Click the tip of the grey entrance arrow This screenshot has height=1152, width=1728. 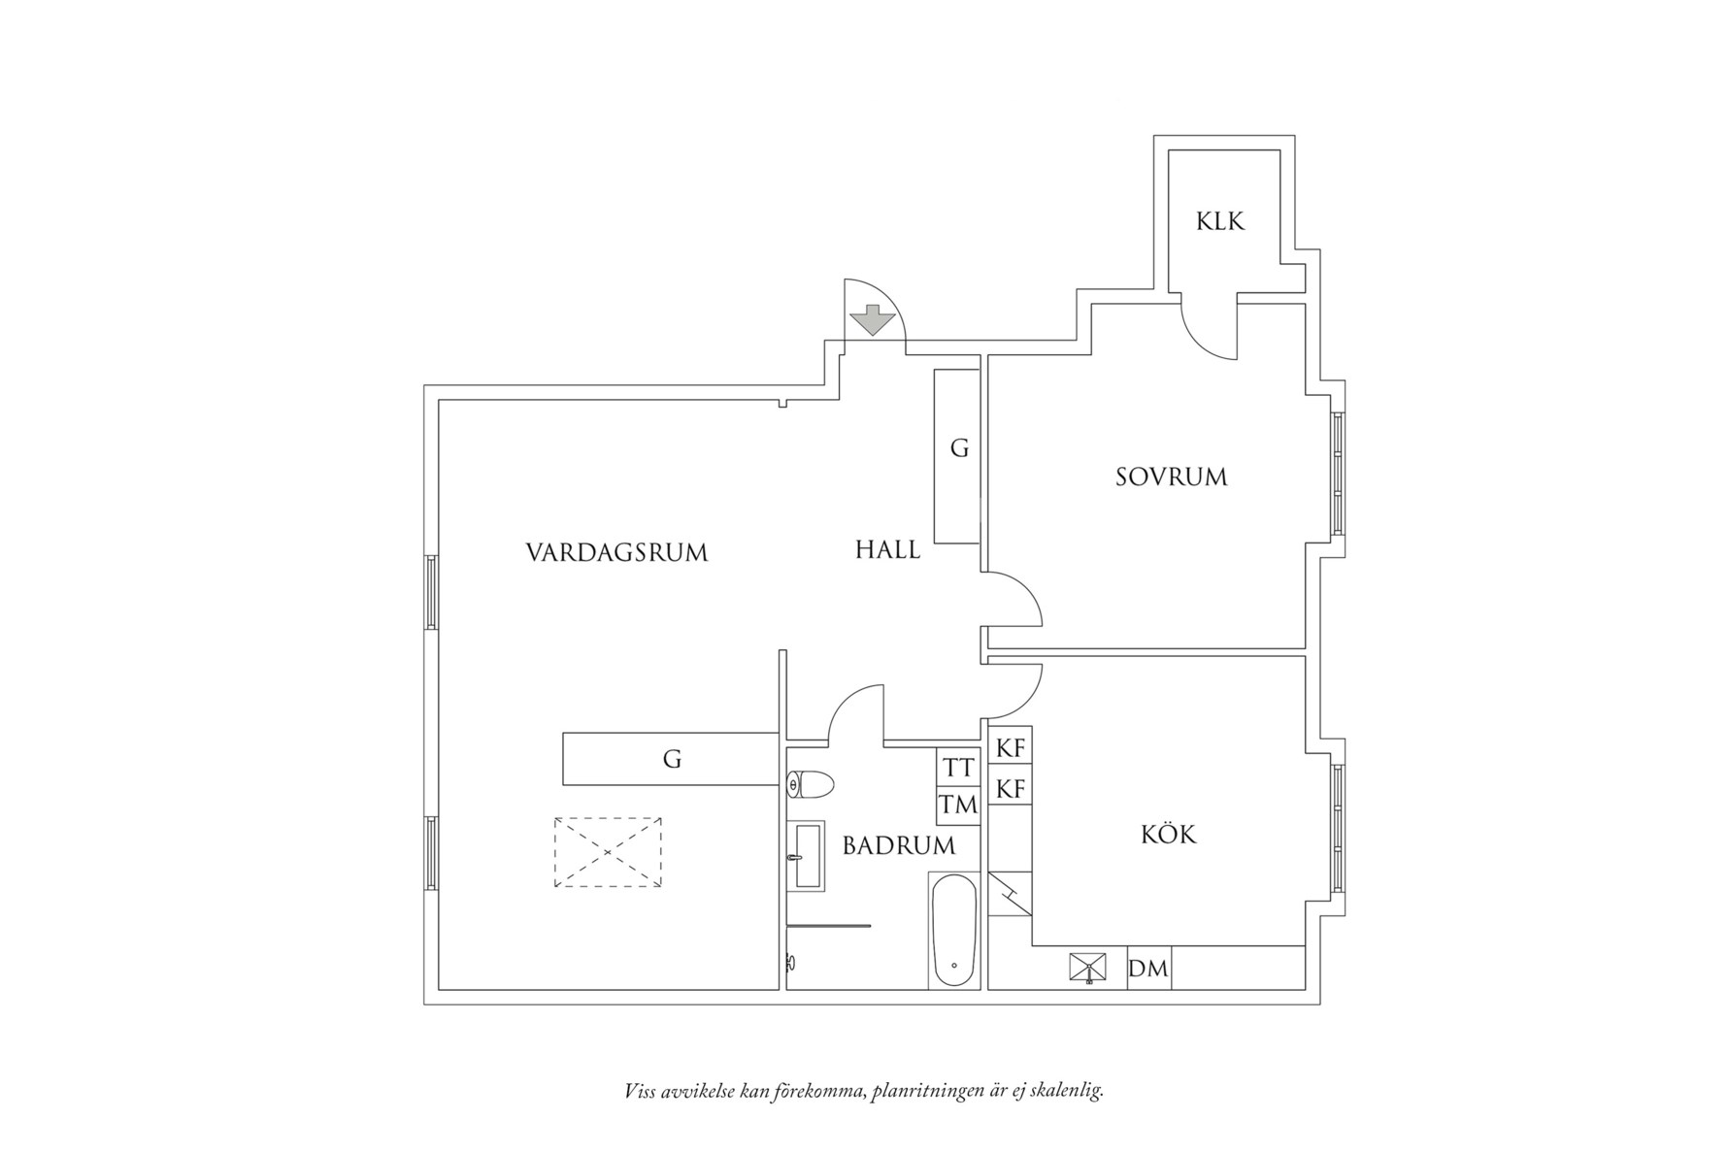(872, 336)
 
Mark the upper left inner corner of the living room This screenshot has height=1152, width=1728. (439, 401)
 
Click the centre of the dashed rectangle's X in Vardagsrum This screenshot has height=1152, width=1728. (608, 852)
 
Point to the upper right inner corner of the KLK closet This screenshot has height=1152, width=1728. (1279, 151)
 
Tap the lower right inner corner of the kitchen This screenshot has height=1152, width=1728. (1304, 988)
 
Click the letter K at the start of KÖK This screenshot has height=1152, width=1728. (1150, 834)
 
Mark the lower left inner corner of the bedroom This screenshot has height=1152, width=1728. (989, 646)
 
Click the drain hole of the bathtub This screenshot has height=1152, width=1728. (955, 966)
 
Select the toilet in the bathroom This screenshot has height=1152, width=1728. (811, 784)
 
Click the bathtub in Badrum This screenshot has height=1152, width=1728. (954, 931)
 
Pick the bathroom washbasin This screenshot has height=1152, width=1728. (809, 856)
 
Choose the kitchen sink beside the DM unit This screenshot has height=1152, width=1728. (1088, 968)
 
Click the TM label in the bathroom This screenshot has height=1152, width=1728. (957, 805)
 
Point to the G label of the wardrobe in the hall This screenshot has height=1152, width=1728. (959, 448)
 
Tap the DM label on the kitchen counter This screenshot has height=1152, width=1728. (1148, 968)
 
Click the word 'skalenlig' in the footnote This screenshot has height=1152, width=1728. (1069, 1091)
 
